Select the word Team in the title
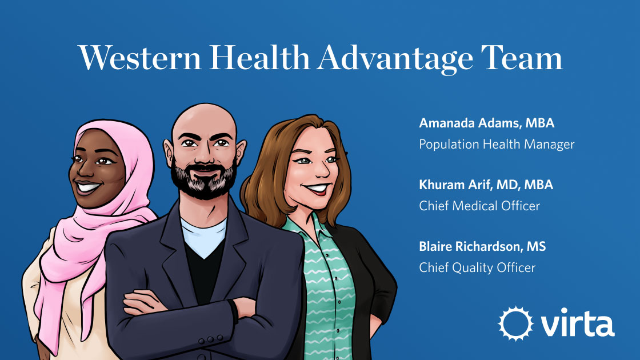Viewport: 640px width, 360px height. [x=523, y=58]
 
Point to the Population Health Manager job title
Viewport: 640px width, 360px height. [x=497, y=144]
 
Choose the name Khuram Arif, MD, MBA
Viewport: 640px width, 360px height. [x=486, y=185]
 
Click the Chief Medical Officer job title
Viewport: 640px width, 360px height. [x=479, y=206]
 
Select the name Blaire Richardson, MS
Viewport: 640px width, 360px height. [x=482, y=247]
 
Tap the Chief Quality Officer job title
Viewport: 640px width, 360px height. [x=477, y=267]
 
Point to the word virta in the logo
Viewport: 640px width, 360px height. [x=577, y=323]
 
